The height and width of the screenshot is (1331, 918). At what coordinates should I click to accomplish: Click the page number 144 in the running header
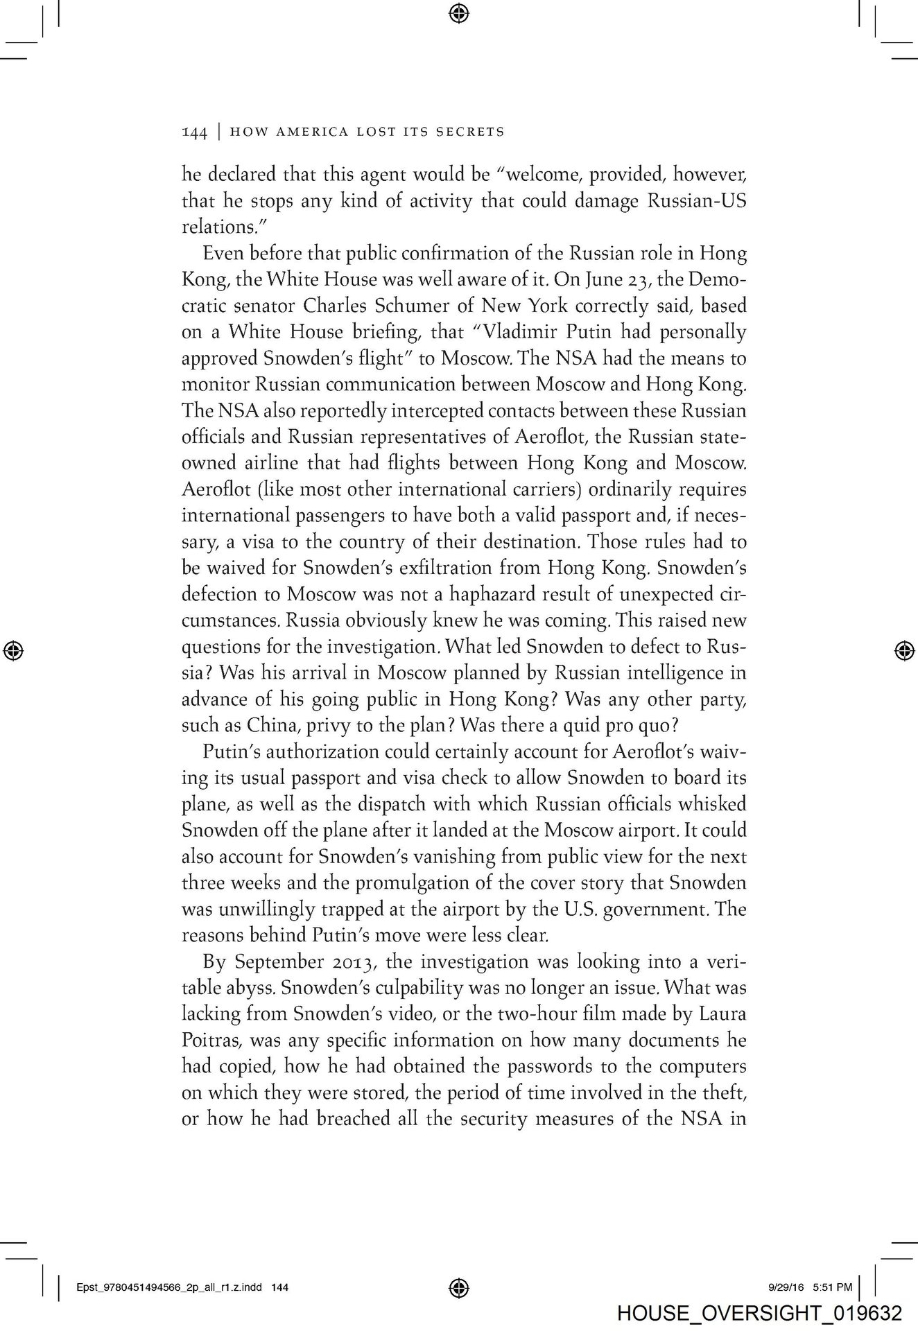[194, 132]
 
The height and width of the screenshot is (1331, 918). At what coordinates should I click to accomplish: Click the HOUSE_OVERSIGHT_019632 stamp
[759, 1313]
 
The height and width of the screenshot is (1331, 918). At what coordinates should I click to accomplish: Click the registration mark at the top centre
[459, 12]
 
